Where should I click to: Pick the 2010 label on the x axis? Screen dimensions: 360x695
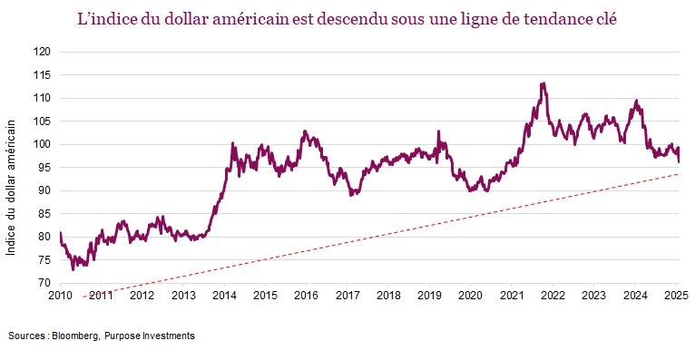(60, 296)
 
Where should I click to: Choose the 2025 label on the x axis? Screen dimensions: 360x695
(675, 296)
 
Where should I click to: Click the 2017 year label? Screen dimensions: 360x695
(347, 296)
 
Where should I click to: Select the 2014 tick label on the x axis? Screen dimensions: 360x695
(224, 296)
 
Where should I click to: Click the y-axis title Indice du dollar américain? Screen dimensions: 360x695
(12, 190)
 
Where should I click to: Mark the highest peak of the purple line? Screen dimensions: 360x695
(542, 83)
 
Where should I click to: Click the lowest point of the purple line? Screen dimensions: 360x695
(73, 269)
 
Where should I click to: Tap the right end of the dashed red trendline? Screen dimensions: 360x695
(679, 174)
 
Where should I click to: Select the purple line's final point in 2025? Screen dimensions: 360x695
(679, 161)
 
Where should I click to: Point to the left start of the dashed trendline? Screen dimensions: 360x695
(83, 297)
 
